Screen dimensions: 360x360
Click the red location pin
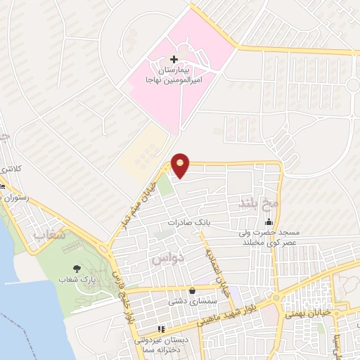(x=181, y=166)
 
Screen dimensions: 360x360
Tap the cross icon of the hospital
(x=174, y=60)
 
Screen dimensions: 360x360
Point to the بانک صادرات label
(x=190, y=222)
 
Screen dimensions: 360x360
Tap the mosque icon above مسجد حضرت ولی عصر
(x=267, y=221)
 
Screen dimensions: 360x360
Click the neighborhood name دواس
(x=167, y=259)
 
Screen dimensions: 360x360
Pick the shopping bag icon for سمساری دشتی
(x=191, y=290)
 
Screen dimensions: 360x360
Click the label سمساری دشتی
(x=189, y=302)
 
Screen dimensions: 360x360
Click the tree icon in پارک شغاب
(x=77, y=269)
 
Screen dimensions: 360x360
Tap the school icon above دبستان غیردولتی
(x=160, y=328)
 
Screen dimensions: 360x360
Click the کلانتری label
(x=10, y=169)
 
